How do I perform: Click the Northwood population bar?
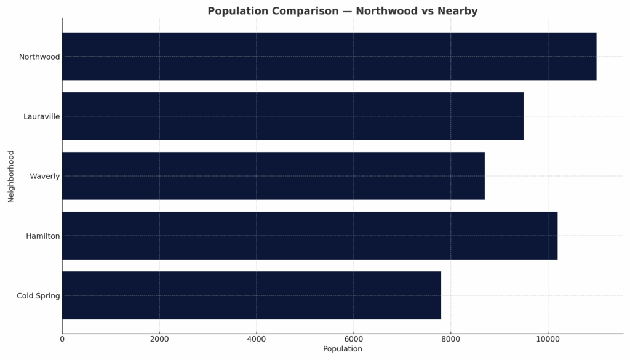tap(329, 56)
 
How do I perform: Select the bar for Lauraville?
tap(293, 116)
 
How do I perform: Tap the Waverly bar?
tap(273, 175)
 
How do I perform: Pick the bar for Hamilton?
tap(309, 235)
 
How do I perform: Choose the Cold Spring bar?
tap(252, 295)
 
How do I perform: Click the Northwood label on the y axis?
tap(39, 57)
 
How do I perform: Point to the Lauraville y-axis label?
tap(42, 116)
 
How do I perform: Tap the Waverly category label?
tap(45, 176)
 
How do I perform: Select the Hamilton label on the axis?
tap(43, 236)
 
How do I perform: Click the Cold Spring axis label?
tap(38, 295)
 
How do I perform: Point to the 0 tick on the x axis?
tap(62, 339)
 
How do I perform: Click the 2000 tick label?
tap(159, 339)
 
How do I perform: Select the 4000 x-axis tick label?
tap(257, 339)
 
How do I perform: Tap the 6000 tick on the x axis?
tap(354, 339)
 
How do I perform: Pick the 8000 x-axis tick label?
tap(451, 339)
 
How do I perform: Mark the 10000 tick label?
tap(548, 339)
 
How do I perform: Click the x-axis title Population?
tap(343, 349)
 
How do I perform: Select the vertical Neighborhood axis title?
tap(10, 175)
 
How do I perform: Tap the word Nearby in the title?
tap(456, 11)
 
